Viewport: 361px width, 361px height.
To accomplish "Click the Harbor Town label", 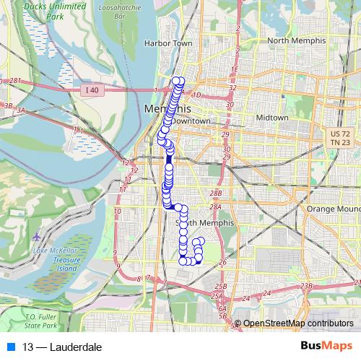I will pos(168,43).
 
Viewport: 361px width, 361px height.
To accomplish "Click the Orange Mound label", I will pos(333,209).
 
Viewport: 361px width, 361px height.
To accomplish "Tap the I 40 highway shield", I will pos(90,90).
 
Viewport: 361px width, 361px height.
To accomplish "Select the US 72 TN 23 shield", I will pos(335,139).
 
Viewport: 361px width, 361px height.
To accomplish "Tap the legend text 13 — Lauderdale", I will pos(62,347).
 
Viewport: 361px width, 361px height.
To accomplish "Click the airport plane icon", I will pos(37,236).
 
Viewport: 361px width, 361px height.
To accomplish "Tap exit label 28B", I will pos(215,193).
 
